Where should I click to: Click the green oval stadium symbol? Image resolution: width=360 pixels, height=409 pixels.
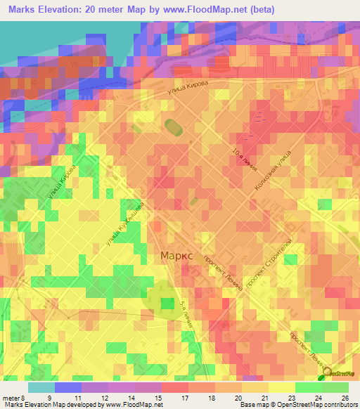pyautogui.click(x=172, y=127)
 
